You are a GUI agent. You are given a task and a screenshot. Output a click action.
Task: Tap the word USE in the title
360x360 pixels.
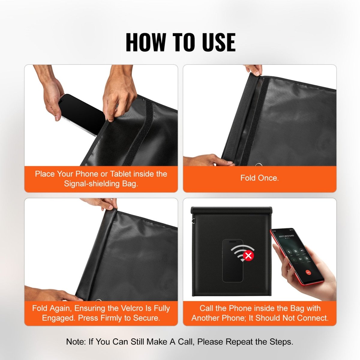pos(219,42)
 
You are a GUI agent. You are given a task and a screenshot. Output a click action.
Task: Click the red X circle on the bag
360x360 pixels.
pos(248,256)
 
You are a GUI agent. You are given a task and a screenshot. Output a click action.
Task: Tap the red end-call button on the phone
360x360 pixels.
pos(308,273)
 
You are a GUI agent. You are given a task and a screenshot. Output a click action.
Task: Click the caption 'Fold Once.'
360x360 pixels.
pos(259,178)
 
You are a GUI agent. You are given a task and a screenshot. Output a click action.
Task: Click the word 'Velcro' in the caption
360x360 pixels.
pos(133,308)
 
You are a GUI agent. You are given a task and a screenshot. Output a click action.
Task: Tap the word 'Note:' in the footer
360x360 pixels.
pos(76,342)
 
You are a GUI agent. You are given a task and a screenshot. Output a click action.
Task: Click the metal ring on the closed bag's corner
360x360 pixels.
pos(194,222)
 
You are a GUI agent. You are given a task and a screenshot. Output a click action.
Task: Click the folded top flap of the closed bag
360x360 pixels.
pos(231,210)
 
